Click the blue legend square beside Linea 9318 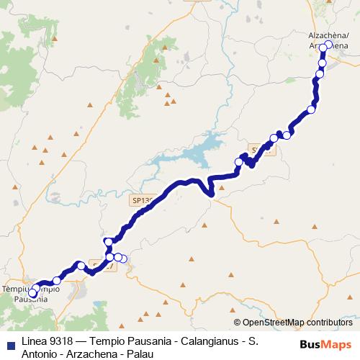coord(9,340)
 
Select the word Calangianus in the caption coord(195,340)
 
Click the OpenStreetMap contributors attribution coord(297,323)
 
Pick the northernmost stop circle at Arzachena coord(328,45)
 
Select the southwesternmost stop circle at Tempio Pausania coord(32,294)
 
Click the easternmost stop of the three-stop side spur coord(123,258)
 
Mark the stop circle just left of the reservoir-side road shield coord(238,162)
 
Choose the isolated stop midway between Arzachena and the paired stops coord(312,109)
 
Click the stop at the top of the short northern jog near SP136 coord(108,241)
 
